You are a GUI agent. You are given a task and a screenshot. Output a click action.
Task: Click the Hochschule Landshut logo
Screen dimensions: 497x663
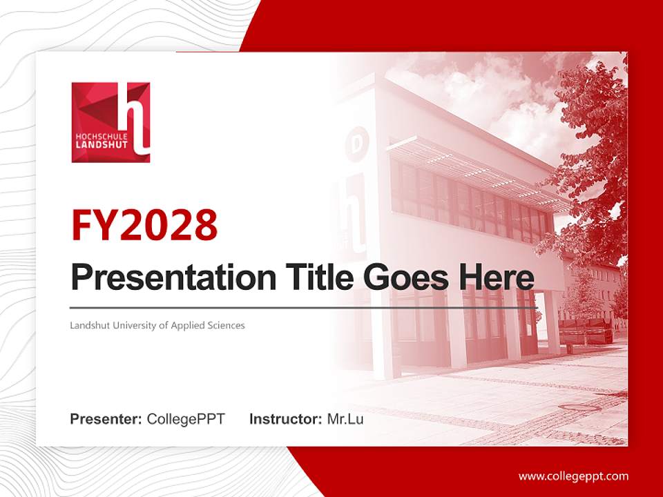(110, 122)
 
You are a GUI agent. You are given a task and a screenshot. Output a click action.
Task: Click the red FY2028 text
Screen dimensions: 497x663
(144, 224)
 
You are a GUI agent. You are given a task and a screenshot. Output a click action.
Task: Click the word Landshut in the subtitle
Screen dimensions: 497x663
(87, 324)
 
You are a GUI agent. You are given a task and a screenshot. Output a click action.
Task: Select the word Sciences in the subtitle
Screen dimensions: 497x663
(226, 324)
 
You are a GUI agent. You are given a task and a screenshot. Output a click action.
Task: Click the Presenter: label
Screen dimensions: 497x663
(106, 419)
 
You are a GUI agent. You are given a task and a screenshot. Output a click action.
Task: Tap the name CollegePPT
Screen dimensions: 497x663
(186, 419)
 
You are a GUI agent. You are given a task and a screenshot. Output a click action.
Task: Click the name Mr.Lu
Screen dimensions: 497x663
(345, 419)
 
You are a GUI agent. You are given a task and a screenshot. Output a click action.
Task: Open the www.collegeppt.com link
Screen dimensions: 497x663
(573, 476)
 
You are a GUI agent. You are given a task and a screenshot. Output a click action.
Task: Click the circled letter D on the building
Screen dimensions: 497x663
(357, 144)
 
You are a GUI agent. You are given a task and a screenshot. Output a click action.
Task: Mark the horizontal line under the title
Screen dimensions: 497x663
(304, 307)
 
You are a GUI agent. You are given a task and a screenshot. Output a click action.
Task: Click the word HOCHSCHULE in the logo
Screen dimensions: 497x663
(97, 137)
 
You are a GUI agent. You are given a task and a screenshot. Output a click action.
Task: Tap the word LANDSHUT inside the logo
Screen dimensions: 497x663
(97, 146)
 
